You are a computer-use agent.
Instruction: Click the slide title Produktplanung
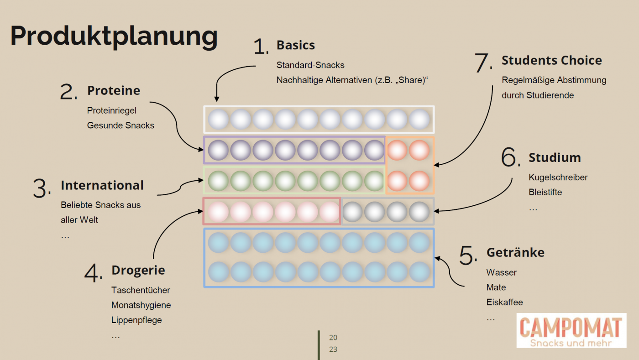pos(114,36)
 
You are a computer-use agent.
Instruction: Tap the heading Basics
pos(295,45)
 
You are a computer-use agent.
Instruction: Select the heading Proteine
pos(114,90)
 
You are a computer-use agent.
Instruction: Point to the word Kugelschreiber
pos(558,177)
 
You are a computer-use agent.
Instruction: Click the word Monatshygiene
pos(141,305)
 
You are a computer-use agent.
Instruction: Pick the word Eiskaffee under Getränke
pos(504,302)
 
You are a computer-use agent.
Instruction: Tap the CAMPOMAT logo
pos(571,330)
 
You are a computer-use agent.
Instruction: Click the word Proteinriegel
pos(111,110)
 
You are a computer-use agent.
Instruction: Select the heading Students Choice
pos(551,60)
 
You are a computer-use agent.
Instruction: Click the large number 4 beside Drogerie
pos(93,273)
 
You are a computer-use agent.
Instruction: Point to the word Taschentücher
pos(141,290)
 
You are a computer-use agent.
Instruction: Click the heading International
pos(102,185)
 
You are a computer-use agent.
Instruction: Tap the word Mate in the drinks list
pos(496,287)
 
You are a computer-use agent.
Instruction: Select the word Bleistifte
pos(545,192)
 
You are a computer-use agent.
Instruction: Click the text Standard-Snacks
pos(310,65)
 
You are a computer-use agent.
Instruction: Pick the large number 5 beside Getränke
pos(468,256)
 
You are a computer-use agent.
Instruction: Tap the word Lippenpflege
pos(136,320)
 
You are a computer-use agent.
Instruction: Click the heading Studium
pos(555,158)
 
